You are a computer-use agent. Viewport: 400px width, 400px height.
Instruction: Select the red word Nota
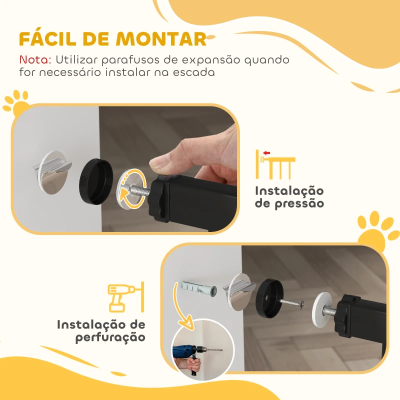[x=35, y=60]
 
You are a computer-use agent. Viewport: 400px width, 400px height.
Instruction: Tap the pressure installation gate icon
[x=274, y=164]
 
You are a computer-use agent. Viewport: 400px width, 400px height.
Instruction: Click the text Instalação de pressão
[x=289, y=197]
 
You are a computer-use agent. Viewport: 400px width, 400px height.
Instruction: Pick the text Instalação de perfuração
[x=101, y=331]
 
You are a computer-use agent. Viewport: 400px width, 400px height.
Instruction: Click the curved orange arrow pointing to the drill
[x=185, y=307]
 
